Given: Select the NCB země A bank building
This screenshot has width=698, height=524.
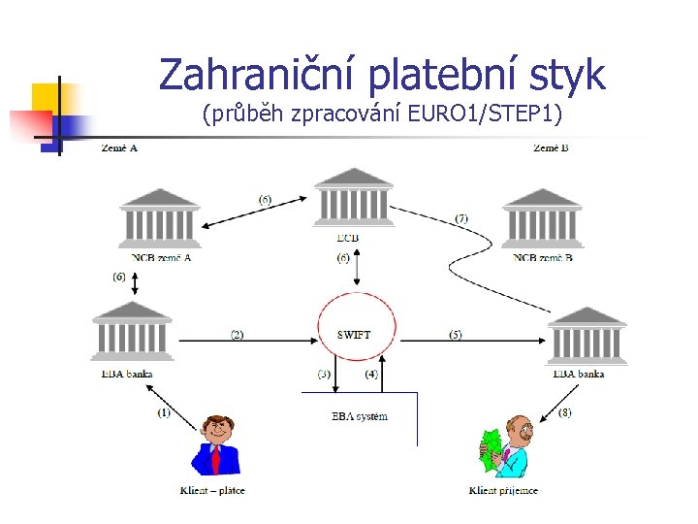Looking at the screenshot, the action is (x=160, y=219).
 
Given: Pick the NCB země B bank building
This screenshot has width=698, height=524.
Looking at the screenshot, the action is (x=542, y=219).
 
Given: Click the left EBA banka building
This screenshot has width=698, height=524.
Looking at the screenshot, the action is (x=134, y=332).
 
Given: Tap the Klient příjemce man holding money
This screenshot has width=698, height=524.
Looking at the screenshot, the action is (x=506, y=445).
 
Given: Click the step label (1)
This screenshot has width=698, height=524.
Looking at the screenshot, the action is (x=164, y=412).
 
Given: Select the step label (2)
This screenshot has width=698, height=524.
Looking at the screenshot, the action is (x=237, y=335).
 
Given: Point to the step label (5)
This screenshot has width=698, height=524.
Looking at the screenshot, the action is (x=455, y=335).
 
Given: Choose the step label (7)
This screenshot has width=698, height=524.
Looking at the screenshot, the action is (x=461, y=218).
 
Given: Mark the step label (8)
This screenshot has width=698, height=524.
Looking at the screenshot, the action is (x=564, y=412).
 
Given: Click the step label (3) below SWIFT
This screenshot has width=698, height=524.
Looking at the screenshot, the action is (x=324, y=374).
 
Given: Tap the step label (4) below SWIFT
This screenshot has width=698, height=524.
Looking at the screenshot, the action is (x=371, y=374).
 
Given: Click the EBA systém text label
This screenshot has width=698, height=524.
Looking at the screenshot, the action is (x=359, y=416).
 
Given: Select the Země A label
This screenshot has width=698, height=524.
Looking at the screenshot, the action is (x=119, y=148).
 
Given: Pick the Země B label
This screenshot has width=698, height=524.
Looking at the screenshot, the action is (x=551, y=148).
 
